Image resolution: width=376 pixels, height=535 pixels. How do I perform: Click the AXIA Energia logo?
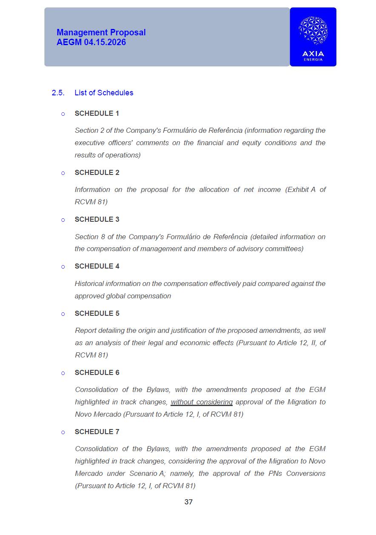(313, 37)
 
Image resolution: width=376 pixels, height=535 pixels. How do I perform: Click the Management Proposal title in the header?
(101, 32)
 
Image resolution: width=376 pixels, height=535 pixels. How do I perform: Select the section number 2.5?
(58, 93)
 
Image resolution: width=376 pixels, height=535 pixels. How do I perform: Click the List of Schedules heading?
(104, 93)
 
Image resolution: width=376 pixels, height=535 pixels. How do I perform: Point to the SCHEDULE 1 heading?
(97, 113)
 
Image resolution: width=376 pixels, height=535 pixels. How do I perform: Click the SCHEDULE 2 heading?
(97, 172)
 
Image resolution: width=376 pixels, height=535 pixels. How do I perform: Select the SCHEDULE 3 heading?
(97, 219)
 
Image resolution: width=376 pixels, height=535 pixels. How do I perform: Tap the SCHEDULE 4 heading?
(97, 266)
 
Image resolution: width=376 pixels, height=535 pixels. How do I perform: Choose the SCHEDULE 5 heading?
(97, 313)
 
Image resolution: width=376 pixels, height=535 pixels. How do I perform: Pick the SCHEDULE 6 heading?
(97, 372)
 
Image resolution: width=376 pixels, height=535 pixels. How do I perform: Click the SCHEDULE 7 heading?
(97, 432)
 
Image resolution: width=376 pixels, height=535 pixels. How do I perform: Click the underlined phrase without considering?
(202, 402)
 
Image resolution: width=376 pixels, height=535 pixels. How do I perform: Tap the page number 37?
(188, 502)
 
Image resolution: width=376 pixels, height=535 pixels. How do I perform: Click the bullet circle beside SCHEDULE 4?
(63, 267)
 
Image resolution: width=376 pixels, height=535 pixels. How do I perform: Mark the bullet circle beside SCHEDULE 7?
(63, 432)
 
